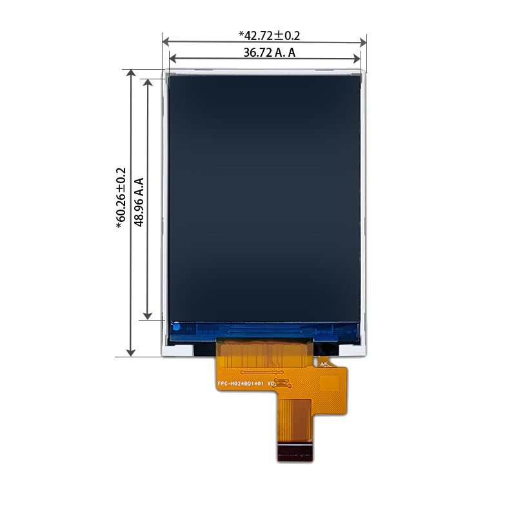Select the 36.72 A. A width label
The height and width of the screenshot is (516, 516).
point(270,53)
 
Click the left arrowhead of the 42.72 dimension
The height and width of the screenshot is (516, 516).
point(166,41)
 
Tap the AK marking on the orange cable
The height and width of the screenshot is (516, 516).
point(324,364)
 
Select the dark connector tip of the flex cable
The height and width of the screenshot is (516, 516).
point(295,453)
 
